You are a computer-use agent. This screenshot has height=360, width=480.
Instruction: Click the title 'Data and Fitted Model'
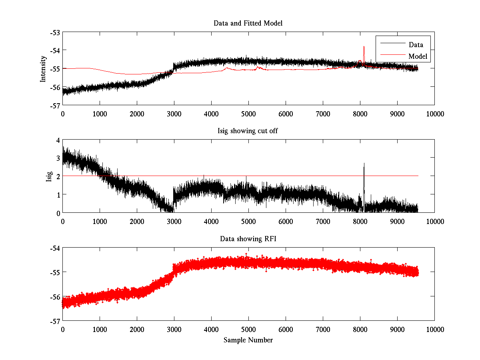248,23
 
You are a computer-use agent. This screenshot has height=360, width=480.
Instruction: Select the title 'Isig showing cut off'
248,131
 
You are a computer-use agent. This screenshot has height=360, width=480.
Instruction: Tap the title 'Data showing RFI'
248,239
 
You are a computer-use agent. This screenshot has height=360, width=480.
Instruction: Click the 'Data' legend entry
416,44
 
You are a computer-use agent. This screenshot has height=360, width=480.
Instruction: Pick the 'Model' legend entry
418,56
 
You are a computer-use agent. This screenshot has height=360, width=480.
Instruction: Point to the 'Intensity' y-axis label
44,68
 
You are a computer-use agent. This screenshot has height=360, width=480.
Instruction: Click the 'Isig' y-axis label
49,176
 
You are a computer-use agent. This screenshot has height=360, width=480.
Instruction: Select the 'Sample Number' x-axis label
248,340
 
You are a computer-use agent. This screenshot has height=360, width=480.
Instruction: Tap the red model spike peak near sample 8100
364,47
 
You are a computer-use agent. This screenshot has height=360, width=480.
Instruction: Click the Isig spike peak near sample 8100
364,163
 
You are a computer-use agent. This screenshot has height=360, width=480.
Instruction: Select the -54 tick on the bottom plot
55,248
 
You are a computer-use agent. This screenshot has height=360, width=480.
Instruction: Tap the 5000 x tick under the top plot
248,113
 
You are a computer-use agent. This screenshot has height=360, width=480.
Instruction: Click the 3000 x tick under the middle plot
174,221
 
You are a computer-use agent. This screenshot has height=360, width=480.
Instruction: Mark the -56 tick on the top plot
55,87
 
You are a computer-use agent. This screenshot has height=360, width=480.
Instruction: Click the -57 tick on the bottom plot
55,321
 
